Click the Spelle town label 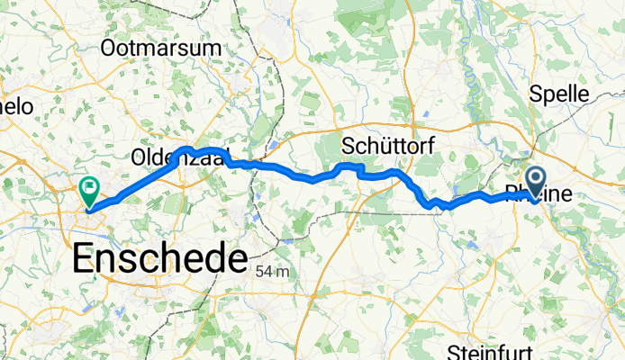click(x=558, y=94)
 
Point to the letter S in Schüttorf click(x=349, y=146)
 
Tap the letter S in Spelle click(x=535, y=94)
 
